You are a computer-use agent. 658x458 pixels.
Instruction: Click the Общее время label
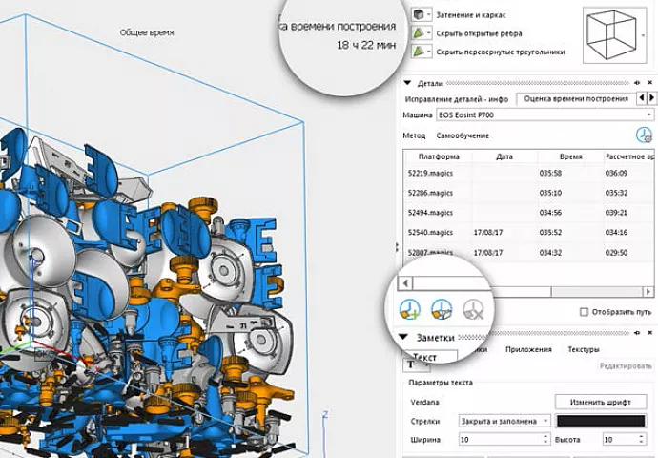pos(147,31)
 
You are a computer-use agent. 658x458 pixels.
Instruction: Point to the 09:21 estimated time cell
pos(617,213)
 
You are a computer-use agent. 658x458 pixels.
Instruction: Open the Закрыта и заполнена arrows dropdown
pos(504,420)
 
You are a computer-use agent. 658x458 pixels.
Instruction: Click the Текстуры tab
pos(584,350)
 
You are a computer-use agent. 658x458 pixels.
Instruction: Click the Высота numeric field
pos(621,440)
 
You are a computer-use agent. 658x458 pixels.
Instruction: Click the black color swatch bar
pos(601,420)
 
